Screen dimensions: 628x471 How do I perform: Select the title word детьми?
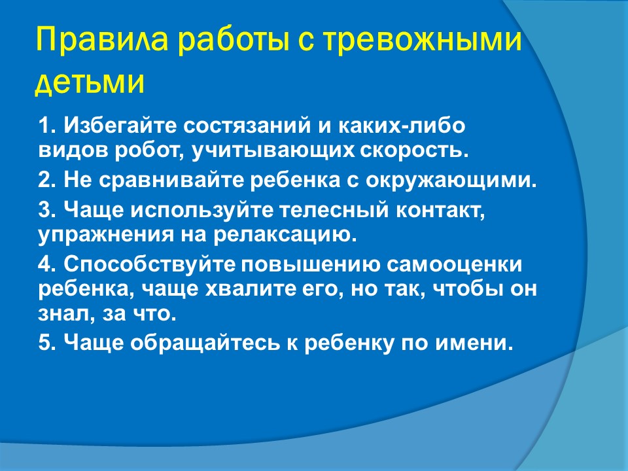coord(90,83)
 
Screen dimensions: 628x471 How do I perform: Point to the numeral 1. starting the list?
coord(47,126)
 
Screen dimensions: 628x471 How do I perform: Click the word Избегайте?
coord(120,126)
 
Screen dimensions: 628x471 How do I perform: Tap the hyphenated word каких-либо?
coord(402,126)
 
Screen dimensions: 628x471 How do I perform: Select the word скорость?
coord(414,151)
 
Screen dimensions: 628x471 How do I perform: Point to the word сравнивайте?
coord(171,181)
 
